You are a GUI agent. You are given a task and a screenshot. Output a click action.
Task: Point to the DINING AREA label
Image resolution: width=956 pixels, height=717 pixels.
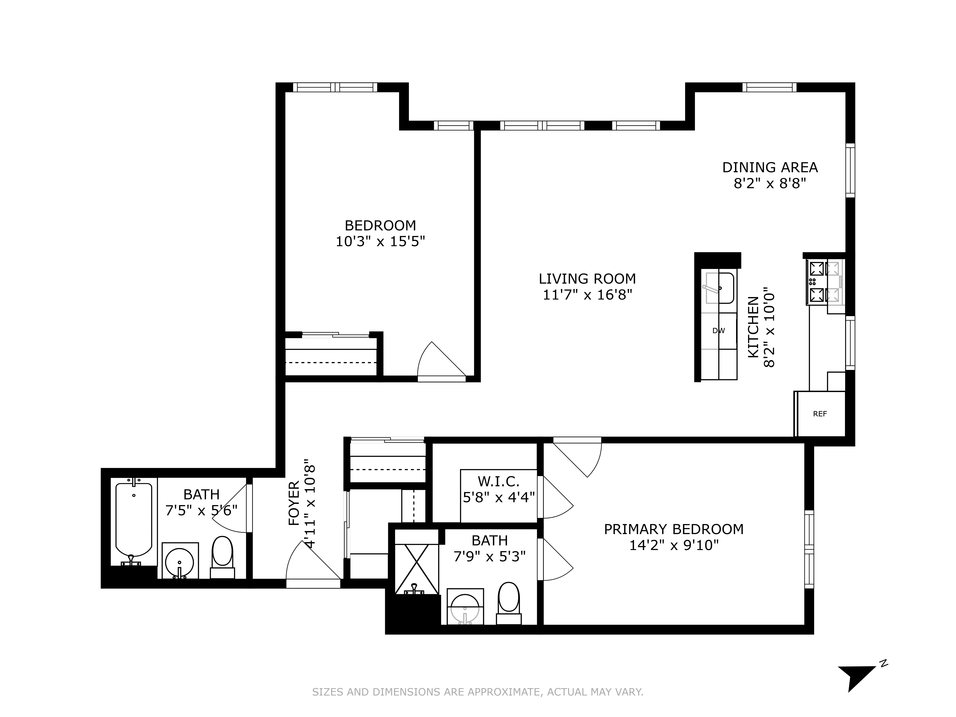tap(770, 167)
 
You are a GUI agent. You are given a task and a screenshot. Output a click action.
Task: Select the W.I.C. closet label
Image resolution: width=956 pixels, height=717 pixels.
tap(498, 481)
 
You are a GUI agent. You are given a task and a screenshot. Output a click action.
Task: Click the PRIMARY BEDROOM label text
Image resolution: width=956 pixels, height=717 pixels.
tap(673, 529)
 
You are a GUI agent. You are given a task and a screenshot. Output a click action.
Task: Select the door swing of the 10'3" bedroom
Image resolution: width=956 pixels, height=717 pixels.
tap(441, 361)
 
